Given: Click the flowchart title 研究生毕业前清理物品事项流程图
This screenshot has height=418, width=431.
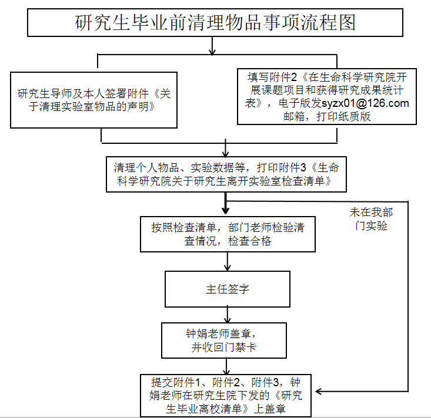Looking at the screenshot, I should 216,23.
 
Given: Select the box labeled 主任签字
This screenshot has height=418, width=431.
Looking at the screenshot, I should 226,289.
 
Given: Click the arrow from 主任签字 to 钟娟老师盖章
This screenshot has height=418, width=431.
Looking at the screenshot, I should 226,314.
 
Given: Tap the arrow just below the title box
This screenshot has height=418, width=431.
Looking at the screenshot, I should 212,46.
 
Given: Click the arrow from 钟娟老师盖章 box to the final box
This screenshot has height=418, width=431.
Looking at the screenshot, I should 226,366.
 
